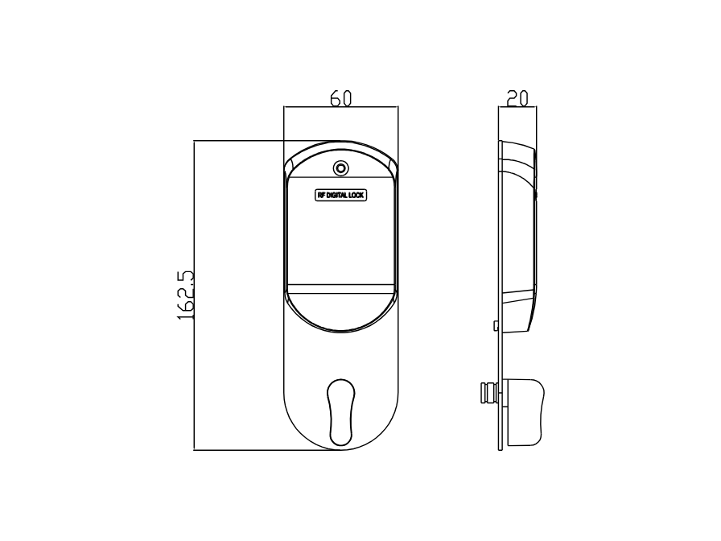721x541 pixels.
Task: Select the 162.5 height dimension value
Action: [186, 295]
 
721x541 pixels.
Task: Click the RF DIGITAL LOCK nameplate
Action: [340, 196]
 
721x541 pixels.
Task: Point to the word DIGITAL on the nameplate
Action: [339, 196]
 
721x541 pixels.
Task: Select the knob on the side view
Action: [525, 412]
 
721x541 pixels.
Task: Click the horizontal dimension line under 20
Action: [517, 107]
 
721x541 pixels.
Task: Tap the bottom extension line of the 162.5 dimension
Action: [266, 450]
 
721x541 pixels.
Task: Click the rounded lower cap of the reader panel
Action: [340, 314]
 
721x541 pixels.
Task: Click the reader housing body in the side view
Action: [519, 233]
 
